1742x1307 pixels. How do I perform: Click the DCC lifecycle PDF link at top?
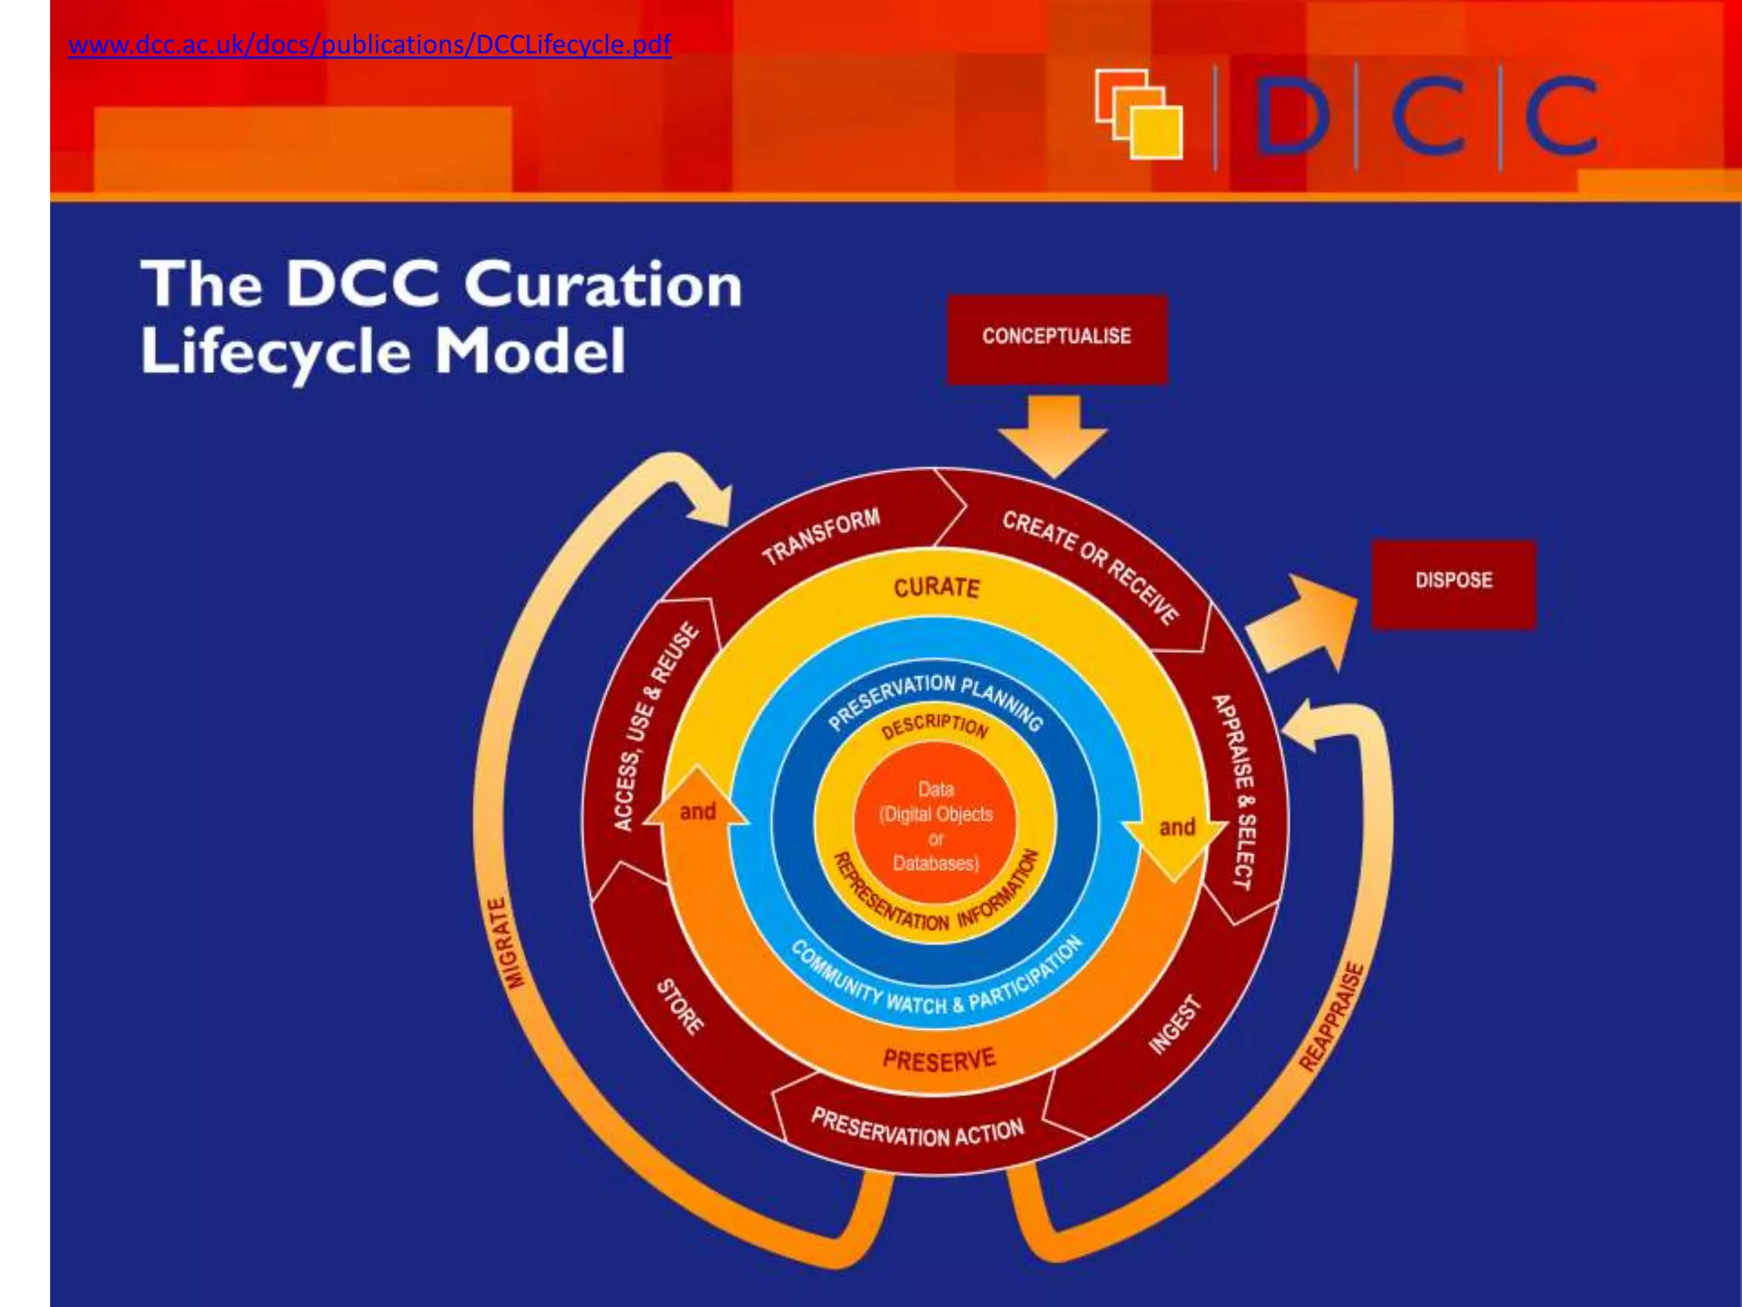click(x=369, y=44)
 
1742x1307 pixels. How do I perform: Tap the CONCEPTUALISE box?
click(x=1056, y=337)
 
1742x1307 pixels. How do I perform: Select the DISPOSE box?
click(x=1454, y=581)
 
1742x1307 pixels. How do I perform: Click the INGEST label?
click(x=1176, y=1024)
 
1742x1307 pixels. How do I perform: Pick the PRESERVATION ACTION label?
click(x=917, y=1128)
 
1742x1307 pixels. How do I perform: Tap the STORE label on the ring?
click(x=680, y=1007)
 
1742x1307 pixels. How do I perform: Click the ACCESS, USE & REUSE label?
click(x=655, y=728)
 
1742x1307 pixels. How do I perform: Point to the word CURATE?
click(x=936, y=588)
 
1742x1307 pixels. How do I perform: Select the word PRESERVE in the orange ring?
click(x=938, y=1060)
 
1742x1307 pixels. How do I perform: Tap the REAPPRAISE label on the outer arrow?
click(x=1331, y=1016)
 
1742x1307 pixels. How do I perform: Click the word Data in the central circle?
click(x=936, y=789)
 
